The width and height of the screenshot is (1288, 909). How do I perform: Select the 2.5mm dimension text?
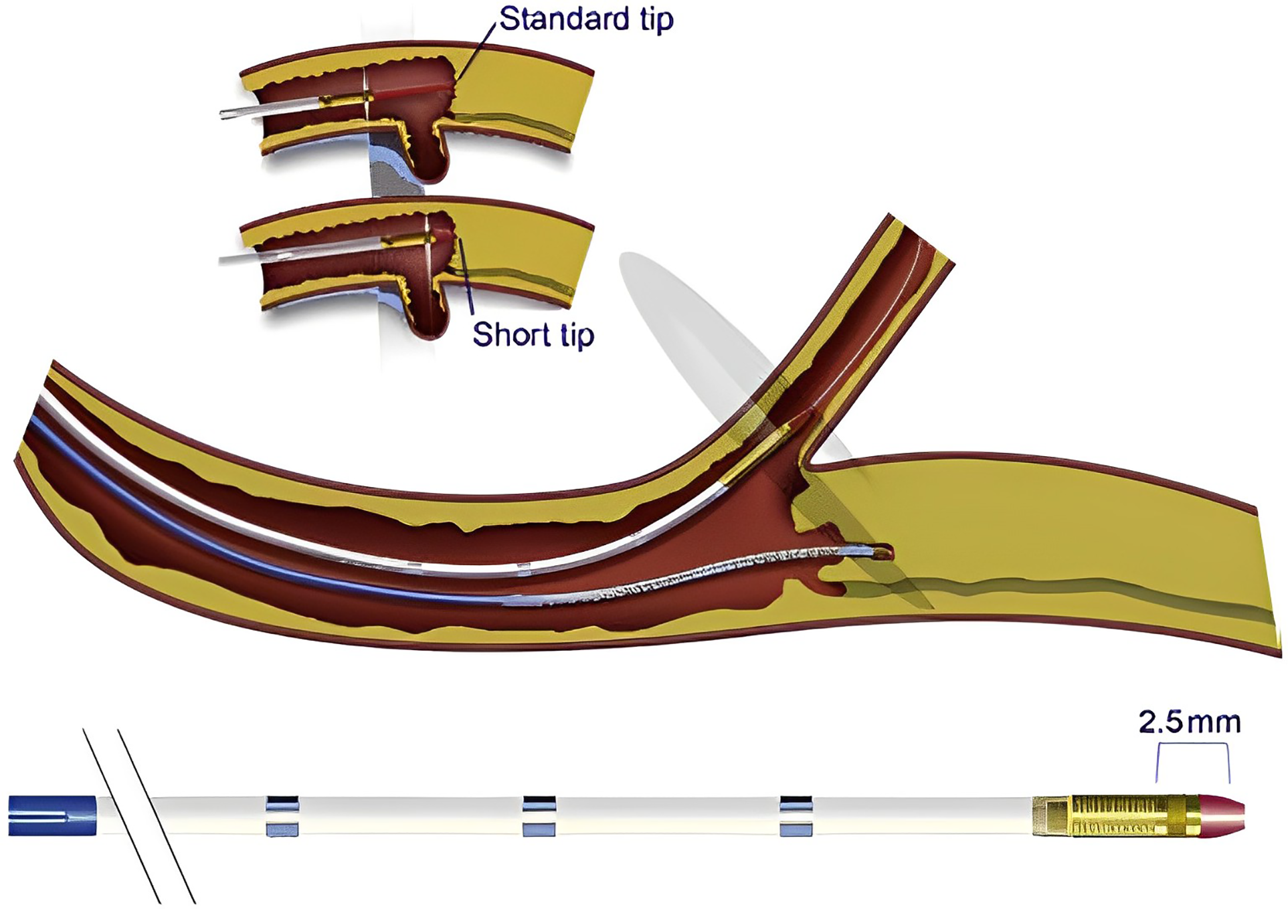point(1190,722)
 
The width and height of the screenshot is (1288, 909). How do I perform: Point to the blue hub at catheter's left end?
point(52,816)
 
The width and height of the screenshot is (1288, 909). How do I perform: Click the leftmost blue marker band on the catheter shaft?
point(282,816)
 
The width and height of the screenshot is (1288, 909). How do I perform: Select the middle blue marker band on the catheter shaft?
point(539,816)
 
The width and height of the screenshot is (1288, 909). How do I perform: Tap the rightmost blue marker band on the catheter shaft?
point(796,816)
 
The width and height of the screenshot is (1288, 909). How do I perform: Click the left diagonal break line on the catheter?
point(122,816)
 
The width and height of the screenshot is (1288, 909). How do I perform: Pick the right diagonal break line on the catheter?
point(157,816)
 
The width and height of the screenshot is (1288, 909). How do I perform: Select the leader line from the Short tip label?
point(466,274)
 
